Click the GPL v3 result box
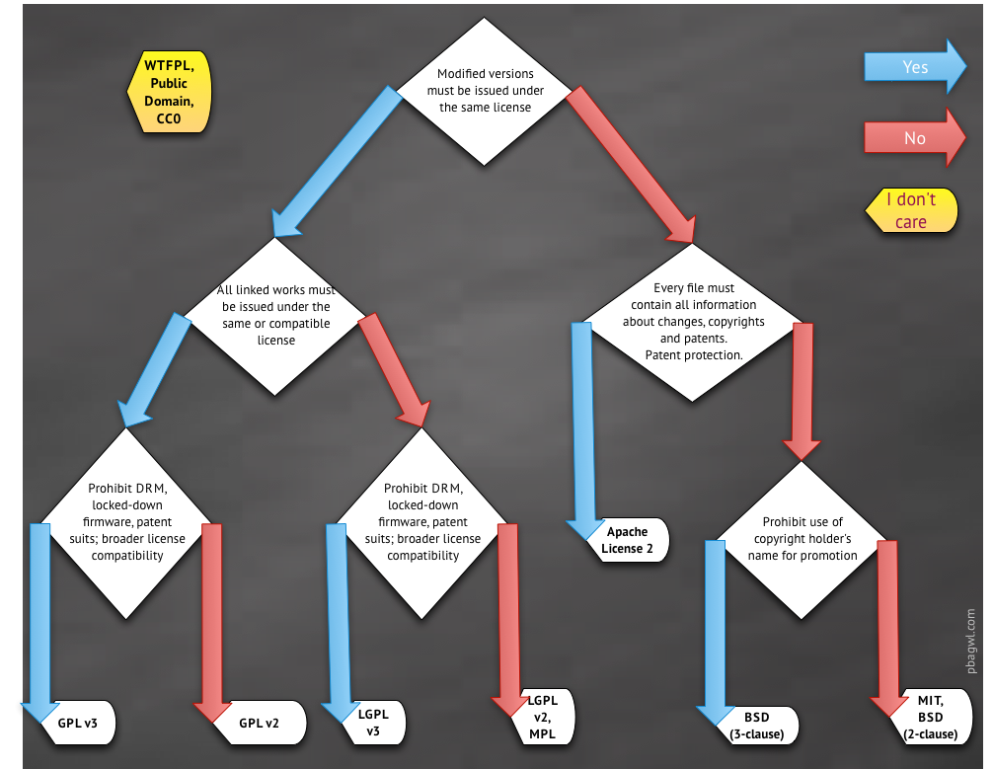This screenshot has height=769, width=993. [78, 723]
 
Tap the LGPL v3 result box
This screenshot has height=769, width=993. [368, 723]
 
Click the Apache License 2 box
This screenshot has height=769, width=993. [628, 540]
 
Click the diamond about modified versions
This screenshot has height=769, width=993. [485, 90]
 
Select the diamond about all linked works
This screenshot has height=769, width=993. [275, 315]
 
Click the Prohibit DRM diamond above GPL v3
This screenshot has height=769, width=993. [126, 523]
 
